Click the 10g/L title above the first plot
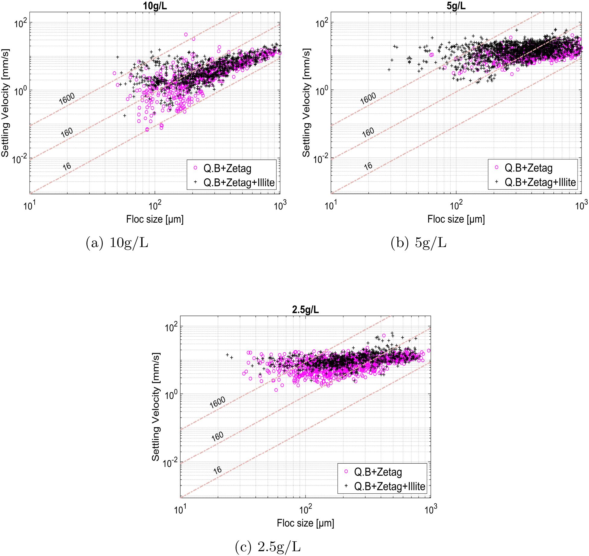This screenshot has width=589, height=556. tap(155, 6)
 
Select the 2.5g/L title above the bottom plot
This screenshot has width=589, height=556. tap(305, 310)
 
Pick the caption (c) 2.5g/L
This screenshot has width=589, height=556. tap(268, 547)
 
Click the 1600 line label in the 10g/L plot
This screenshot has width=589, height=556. tap(67, 99)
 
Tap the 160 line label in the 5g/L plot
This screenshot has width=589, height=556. tap(368, 132)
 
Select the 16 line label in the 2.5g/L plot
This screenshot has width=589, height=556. tap(217, 470)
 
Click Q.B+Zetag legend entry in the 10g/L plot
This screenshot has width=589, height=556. tap(227, 168)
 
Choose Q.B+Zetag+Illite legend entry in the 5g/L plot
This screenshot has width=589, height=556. tap(540, 182)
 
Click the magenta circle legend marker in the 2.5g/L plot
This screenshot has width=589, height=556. tap(346, 472)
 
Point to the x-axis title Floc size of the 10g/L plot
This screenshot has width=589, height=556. tap(155, 219)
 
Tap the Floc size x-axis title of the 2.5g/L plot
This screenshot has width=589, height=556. tap(305, 523)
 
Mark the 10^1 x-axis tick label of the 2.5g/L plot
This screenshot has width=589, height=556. tap(180, 510)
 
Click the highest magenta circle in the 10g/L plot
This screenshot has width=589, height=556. tap(186, 35)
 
